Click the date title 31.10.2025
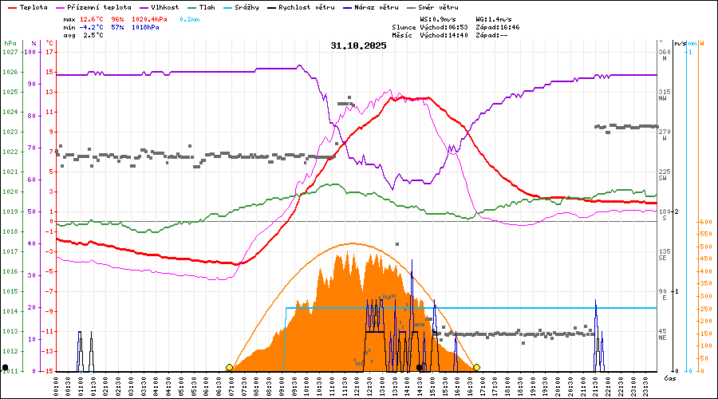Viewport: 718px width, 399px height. pyautogui.click(x=358, y=45)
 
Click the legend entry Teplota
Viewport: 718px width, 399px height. pyautogui.click(x=33, y=7)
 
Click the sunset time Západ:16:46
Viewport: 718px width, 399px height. pyautogui.click(x=498, y=27)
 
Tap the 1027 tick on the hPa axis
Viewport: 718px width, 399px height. pyautogui.click(x=10, y=52)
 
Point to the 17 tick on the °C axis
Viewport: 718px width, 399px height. pyautogui.click(x=49, y=52)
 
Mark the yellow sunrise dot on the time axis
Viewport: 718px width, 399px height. pyautogui.click(x=230, y=367)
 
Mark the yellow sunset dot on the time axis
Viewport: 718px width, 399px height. pyautogui.click(x=476, y=367)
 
